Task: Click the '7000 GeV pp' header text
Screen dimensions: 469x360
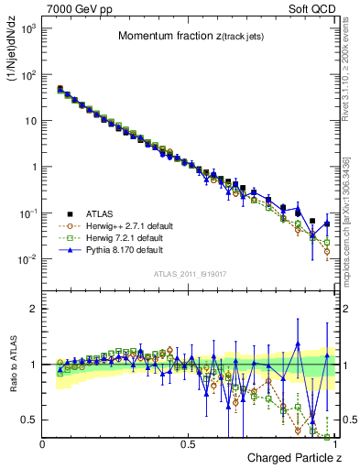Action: [x=75, y=7]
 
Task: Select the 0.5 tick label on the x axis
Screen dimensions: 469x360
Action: [x=188, y=443]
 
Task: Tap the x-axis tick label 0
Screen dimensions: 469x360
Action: [x=43, y=443]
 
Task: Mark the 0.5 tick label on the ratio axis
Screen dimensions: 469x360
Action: [x=30, y=420]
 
